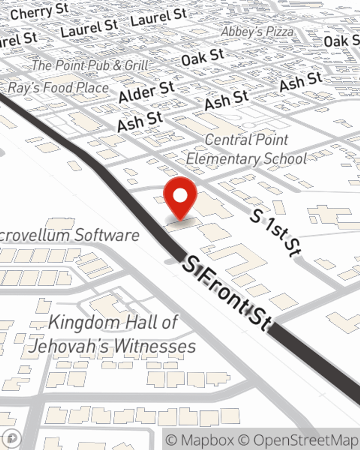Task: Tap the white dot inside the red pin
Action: tap(180, 196)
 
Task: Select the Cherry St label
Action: tap(39, 12)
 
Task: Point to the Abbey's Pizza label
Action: tap(257, 32)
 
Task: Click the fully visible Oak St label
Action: tap(203, 57)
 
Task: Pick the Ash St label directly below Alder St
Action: tap(140, 121)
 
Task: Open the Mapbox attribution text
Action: tap(200, 440)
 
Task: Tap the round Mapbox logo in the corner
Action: tap(12, 438)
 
